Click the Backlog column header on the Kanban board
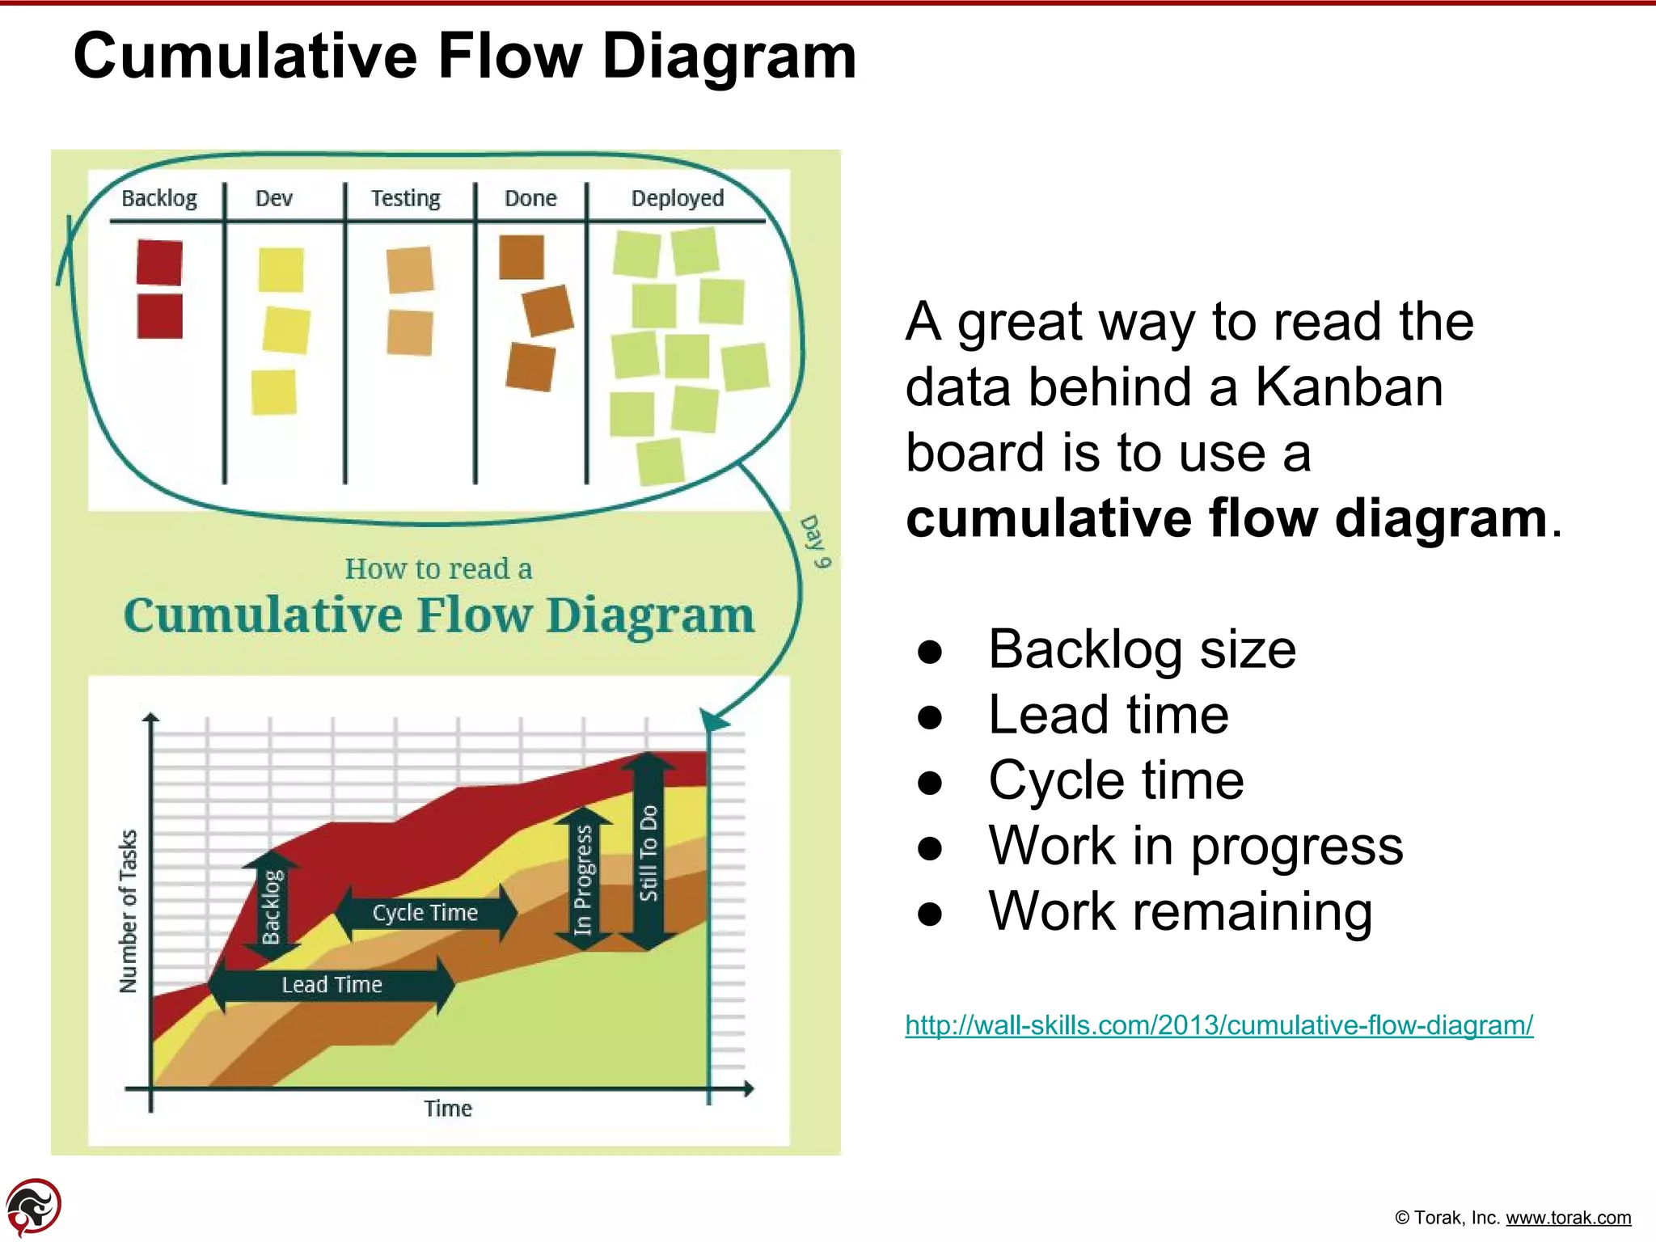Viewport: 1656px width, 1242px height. (158, 198)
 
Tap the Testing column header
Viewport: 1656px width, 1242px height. (405, 198)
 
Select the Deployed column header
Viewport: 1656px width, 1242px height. (677, 198)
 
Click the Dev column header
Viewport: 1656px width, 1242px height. (273, 198)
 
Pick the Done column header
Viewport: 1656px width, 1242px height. (530, 198)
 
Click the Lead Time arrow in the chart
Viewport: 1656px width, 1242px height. (332, 985)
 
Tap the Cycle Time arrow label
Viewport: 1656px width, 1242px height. (425, 913)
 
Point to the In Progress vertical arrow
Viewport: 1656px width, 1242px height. (583, 879)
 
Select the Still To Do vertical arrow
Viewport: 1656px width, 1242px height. (648, 852)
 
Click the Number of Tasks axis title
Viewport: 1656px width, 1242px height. (129, 911)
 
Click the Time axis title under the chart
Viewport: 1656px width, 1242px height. (447, 1109)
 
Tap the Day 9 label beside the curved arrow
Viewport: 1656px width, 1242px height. (814, 542)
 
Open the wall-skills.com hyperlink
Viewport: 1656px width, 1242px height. (1219, 1025)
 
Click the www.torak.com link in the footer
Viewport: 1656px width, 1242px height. (1568, 1218)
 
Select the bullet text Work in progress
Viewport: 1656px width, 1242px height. (1195, 846)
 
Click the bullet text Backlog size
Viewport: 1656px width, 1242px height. (1142, 649)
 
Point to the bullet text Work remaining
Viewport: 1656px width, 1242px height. (1180, 911)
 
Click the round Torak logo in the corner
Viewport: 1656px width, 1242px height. (33, 1207)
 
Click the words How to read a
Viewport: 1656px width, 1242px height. (438, 569)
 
